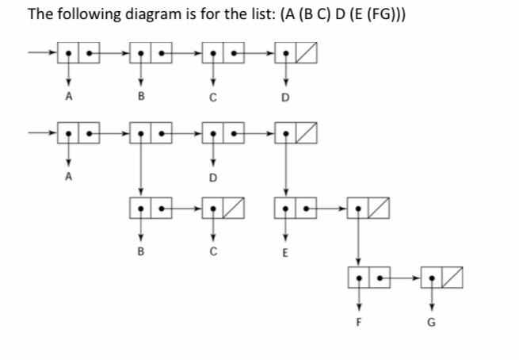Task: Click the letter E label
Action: tap(286, 254)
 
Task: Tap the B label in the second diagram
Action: tap(141, 254)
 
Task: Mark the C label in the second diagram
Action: tap(212, 254)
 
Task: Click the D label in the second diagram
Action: tap(212, 178)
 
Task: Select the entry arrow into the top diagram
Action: tap(42, 55)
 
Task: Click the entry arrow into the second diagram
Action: tap(42, 131)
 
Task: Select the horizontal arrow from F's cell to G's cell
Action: tap(399, 280)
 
